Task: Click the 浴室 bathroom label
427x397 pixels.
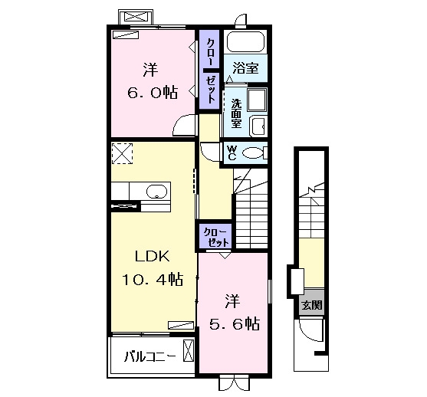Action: (x=245, y=68)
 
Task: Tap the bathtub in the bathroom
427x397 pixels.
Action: (x=245, y=42)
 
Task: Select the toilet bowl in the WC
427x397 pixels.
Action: (x=253, y=153)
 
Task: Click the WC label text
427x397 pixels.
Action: (x=232, y=153)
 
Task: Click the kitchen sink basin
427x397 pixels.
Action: (x=156, y=192)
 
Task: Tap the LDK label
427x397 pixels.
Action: (x=153, y=257)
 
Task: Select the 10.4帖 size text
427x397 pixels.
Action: (x=153, y=280)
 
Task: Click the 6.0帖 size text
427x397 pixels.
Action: (x=153, y=93)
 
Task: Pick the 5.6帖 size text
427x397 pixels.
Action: (x=235, y=323)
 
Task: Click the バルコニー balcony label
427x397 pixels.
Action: (x=149, y=356)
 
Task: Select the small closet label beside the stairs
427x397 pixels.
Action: (x=215, y=237)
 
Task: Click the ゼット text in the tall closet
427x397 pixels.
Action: (x=210, y=89)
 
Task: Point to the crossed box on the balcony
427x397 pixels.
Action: (x=188, y=351)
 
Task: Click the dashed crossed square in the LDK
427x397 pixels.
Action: (x=122, y=153)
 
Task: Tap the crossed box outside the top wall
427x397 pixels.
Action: (x=136, y=16)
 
